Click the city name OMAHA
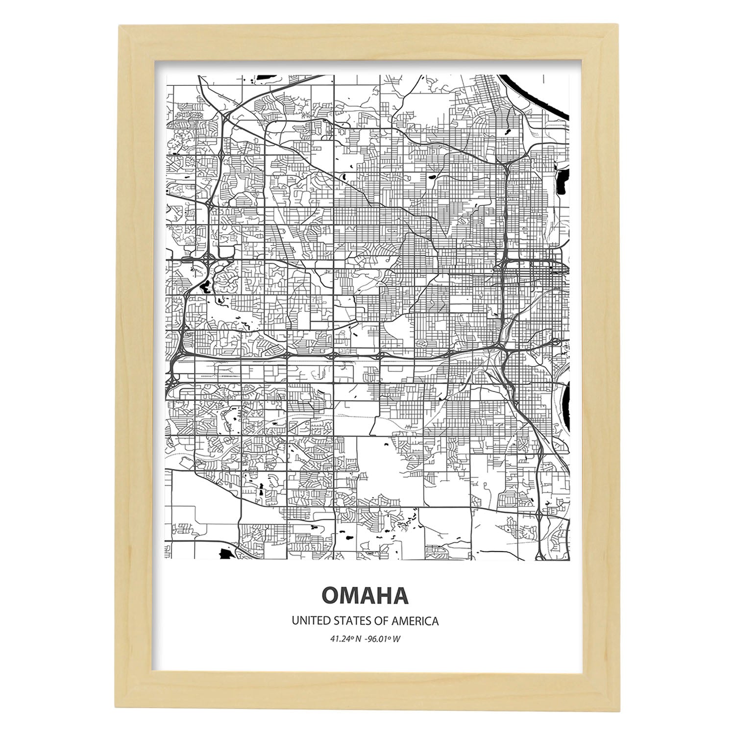[x=365, y=595]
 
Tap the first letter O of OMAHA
[x=330, y=595]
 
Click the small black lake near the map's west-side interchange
[x=202, y=284]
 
